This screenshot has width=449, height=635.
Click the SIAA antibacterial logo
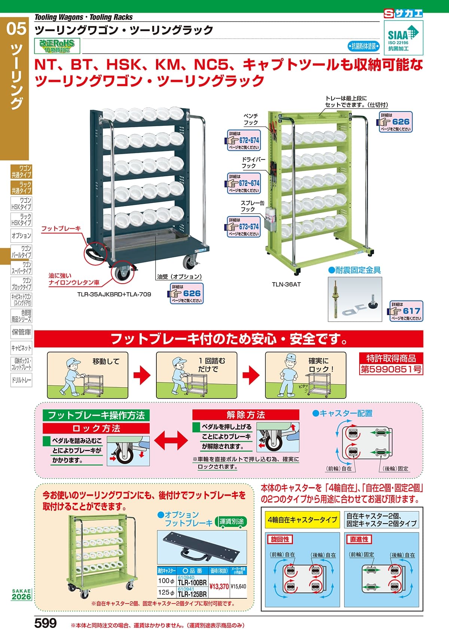(x=403, y=36)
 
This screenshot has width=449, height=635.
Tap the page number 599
(x=45, y=623)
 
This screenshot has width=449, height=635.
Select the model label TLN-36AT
(x=286, y=284)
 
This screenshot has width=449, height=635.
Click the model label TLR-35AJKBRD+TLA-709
(x=114, y=294)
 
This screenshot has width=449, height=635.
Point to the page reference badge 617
(x=406, y=311)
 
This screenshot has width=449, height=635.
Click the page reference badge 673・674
(x=244, y=227)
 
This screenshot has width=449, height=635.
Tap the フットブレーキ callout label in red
(x=61, y=228)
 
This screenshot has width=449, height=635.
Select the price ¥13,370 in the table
(x=219, y=586)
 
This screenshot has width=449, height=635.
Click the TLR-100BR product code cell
(x=192, y=582)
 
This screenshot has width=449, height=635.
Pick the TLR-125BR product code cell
(x=192, y=593)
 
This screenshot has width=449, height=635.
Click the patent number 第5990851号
(x=391, y=369)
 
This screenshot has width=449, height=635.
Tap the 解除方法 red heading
(x=246, y=415)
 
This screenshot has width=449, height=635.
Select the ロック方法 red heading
(x=96, y=428)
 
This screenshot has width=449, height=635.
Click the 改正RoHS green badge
(x=57, y=46)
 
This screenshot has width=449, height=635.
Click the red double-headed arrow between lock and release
(x=171, y=440)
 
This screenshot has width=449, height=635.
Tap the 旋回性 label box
(x=280, y=539)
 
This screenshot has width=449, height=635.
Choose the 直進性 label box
(x=359, y=539)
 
